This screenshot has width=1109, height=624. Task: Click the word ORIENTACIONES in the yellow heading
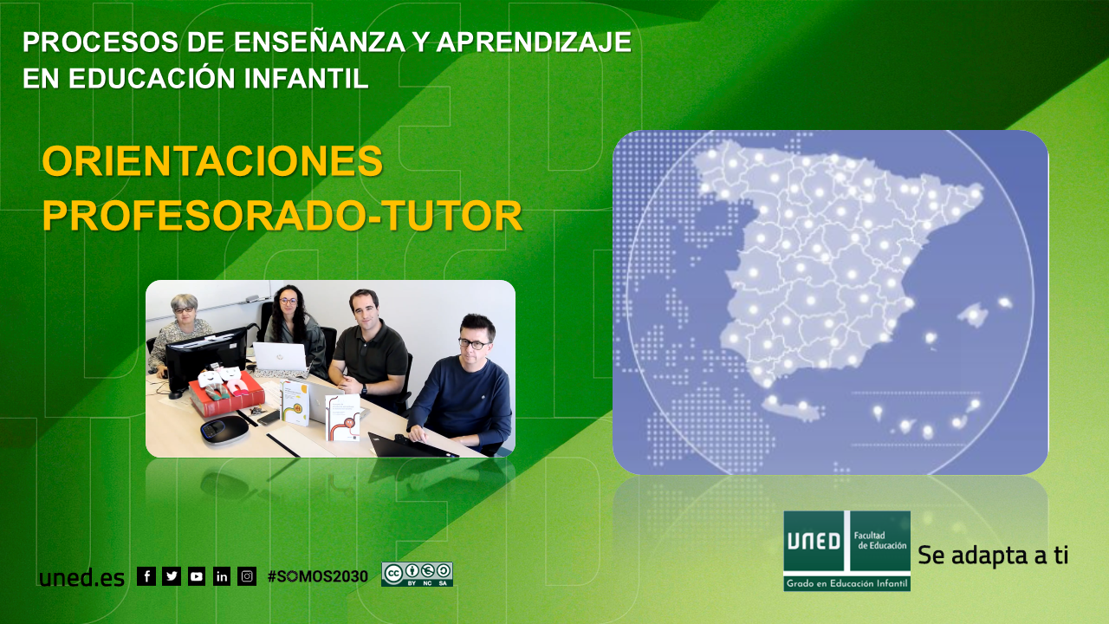212,161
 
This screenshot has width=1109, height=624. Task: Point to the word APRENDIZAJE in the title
534,42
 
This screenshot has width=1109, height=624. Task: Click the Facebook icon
146,576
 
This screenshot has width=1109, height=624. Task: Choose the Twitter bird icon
172,576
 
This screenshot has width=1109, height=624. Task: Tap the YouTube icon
197,576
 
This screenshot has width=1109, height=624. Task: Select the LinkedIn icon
222,576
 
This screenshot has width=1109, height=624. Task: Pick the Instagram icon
247,576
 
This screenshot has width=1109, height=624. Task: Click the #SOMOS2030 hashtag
317,576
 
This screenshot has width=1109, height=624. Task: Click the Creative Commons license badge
417,575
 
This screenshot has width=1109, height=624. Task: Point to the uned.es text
81,578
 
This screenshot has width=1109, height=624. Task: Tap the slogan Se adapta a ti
992,556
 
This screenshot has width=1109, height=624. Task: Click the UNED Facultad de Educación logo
846,550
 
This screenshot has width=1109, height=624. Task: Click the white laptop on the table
280,356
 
